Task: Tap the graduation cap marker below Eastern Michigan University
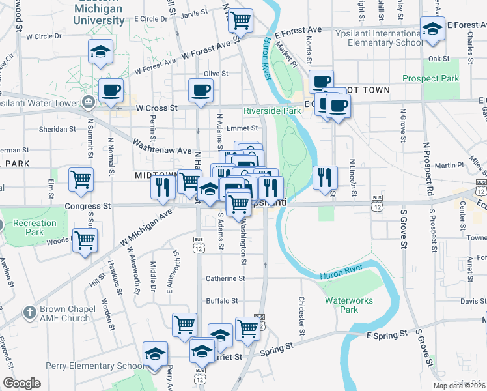101,51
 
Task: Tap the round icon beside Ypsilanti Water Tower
88,102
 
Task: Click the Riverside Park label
272,111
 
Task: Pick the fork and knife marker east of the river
324,177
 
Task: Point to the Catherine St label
225,278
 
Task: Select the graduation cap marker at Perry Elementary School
155,355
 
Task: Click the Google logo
21,383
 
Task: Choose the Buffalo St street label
222,301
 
